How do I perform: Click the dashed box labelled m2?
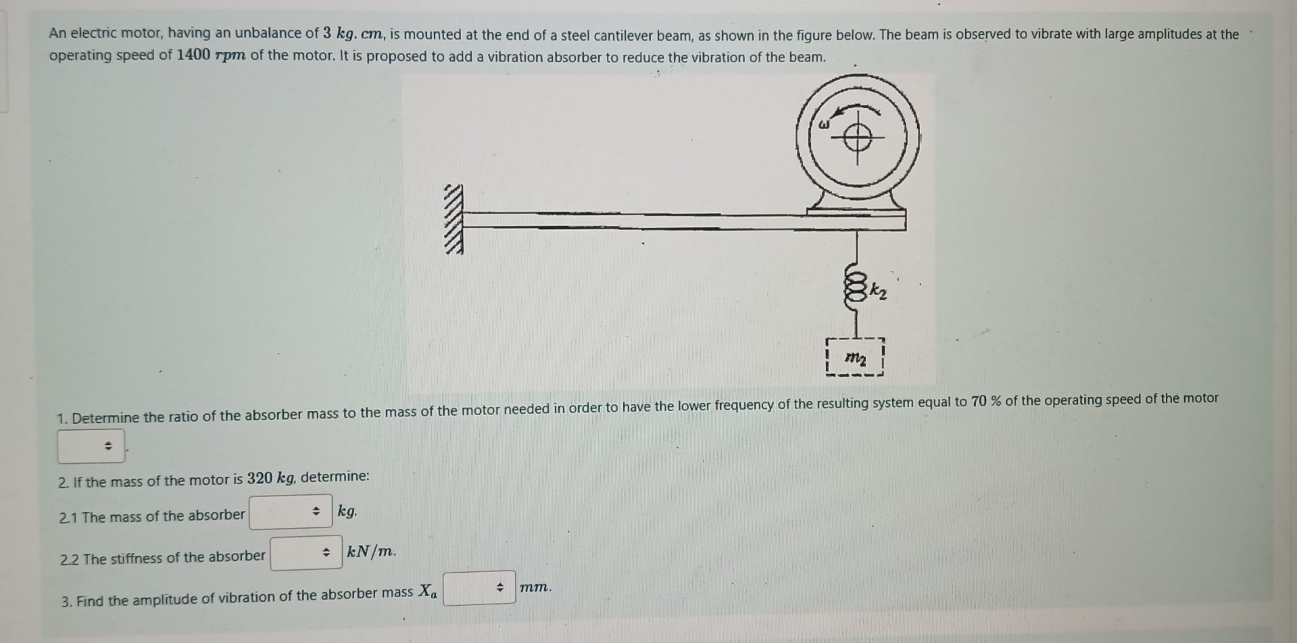point(855,357)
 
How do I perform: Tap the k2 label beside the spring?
point(878,291)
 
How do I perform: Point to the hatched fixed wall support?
point(454,220)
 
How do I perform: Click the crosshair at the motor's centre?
point(857,139)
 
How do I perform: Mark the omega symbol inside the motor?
point(823,125)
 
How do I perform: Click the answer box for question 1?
point(91,446)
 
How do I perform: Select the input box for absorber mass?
point(291,511)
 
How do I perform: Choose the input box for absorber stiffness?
point(306,553)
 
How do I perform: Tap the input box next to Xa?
point(479,588)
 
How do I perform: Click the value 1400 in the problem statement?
point(193,55)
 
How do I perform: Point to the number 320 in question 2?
point(260,479)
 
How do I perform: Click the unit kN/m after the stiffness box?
point(371,552)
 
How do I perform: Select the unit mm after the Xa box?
point(535,588)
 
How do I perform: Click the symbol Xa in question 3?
point(427,592)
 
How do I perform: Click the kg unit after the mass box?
point(347,511)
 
